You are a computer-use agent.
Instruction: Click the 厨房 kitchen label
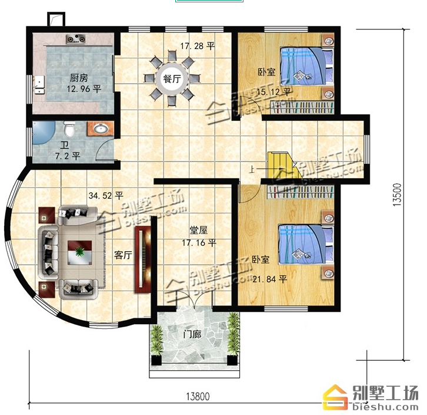pos(79,78)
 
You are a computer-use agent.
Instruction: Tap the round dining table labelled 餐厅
pos(172,79)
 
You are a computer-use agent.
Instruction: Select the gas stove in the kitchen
pos(76,39)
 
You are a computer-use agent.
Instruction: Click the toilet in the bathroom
pos(70,129)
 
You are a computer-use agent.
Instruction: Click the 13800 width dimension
pos(198,397)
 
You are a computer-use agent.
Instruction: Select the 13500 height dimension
pos(398,195)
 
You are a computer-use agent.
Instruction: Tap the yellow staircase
pos(284,166)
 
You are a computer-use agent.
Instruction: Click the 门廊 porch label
pos(192,334)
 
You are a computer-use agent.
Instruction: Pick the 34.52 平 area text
pos(106,196)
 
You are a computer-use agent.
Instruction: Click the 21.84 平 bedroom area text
pos(269,279)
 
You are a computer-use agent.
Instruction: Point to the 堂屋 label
pos(199,230)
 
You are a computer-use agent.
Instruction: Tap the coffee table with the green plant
pos(79,252)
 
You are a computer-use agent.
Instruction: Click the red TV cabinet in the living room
pos(144,259)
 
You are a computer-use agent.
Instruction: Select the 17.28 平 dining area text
pos(198,46)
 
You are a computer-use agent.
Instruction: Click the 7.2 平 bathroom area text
pos(68,156)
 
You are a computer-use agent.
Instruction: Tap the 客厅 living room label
pos(123,255)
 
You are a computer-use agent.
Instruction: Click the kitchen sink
pos(40,85)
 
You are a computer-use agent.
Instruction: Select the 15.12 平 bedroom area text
pos(273,92)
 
